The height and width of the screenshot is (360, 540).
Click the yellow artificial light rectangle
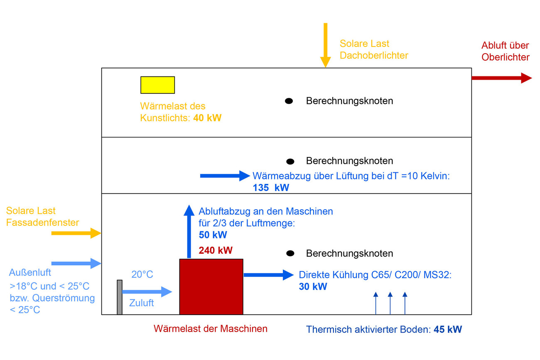click(x=157, y=85)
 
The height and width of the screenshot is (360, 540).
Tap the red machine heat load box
click(x=211, y=287)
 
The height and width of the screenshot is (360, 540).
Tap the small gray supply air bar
click(x=120, y=297)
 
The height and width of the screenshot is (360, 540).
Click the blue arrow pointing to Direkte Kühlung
click(x=268, y=274)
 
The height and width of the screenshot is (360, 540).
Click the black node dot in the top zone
click(x=289, y=101)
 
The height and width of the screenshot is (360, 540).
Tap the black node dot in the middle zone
click(x=290, y=161)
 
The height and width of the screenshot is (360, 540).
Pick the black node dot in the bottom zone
click(x=290, y=253)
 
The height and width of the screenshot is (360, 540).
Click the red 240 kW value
click(x=216, y=250)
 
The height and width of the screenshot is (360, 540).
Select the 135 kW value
click(x=271, y=188)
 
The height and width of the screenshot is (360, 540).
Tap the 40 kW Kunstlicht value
click(x=207, y=118)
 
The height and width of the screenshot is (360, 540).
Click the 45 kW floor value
click(x=448, y=330)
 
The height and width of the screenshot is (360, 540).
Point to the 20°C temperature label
click(x=142, y=274)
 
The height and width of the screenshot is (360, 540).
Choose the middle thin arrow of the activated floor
click(x=390, y=303)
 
